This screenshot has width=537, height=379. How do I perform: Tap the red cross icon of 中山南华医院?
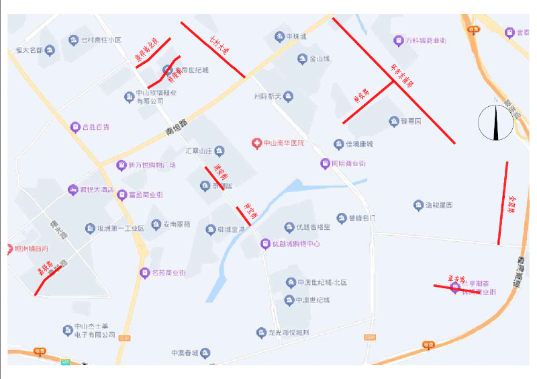(256, 143)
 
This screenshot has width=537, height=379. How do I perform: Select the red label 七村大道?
(219, 46)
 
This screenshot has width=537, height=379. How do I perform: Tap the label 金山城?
(319, 59)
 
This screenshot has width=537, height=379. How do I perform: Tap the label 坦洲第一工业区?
(121, 229)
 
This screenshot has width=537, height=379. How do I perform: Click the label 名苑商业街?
(168, 273)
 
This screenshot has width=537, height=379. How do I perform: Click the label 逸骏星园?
(439, 205)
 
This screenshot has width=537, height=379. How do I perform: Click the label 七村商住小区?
(101, 40)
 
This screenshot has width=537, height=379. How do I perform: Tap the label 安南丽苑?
(177, 224)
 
